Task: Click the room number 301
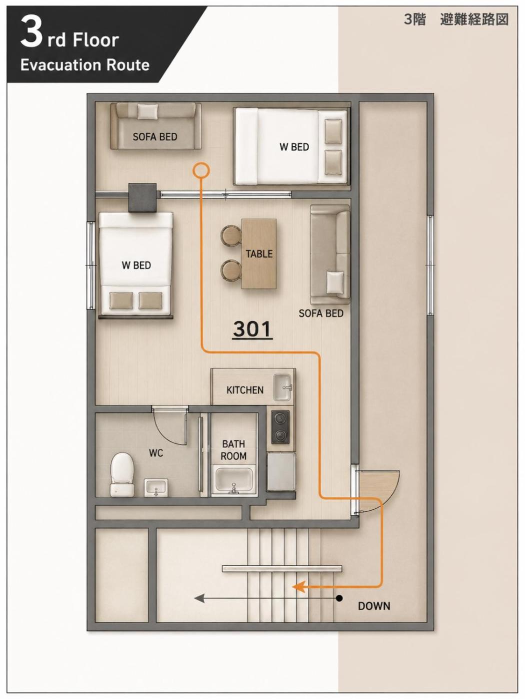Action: [x=252, y=329]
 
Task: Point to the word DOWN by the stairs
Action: [x=374, y=606]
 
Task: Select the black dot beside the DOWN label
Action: [x=340, y=599]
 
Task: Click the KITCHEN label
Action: [x=245, y=390]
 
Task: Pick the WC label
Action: [x=156, y=453]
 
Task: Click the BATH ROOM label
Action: [x=233, y=450]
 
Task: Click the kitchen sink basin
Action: [x=282, y=387]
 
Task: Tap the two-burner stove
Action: [x=280, y=427]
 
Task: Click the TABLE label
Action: [x=259, y=254]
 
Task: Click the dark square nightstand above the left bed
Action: [x=142, y=197]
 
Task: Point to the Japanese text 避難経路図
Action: [x=474, y=20]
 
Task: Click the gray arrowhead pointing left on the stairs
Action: [x=199, y=599]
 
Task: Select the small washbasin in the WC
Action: [x=156, y=487]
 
